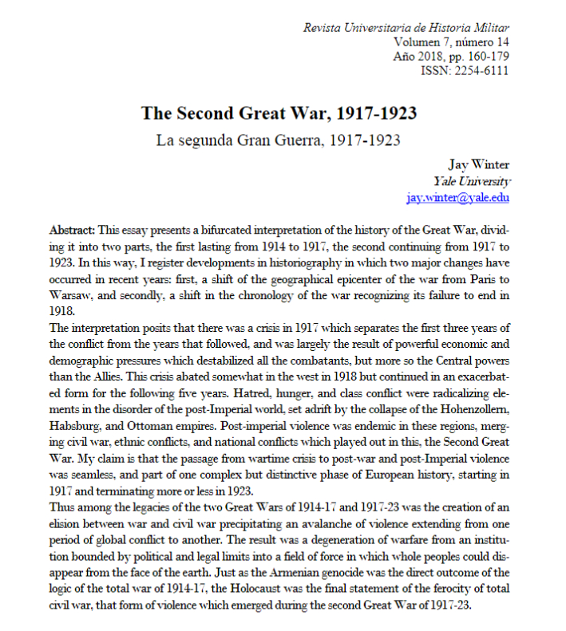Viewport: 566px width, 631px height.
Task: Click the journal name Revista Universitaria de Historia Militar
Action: click(x=406, y=28)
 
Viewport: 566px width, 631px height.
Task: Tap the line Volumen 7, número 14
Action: click(x=452, y=42)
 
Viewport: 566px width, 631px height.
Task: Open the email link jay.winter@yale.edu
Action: click(x=457, y=197)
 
